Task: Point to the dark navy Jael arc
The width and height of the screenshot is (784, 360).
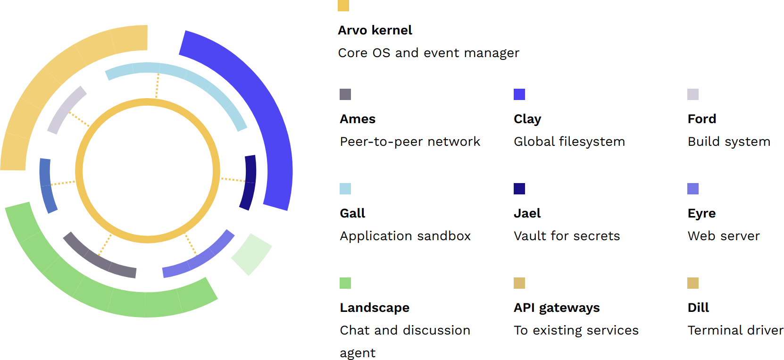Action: tap(249, 182)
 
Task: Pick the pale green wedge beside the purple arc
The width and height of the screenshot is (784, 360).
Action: tap(252, 254)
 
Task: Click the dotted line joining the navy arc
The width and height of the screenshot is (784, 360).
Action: tap(233, 180)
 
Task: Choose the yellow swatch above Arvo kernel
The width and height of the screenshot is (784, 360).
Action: tap(343, 6)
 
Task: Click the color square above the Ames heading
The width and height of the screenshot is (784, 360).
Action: tap(345, 94)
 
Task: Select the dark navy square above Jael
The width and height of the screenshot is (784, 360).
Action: tap(519, 189)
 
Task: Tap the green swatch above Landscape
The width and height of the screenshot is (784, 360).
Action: tap(345, 283)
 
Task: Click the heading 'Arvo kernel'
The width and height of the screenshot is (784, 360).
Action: tap(375, 30)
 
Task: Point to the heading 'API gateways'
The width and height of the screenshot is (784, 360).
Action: tap(557, 308)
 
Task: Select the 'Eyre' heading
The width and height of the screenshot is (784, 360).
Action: tap(701, 214)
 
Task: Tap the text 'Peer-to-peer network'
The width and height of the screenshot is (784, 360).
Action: tap(410, 142)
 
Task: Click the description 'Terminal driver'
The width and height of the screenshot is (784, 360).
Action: tap(735, 330)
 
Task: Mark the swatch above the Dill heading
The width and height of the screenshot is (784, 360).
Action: tap(693, 283)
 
